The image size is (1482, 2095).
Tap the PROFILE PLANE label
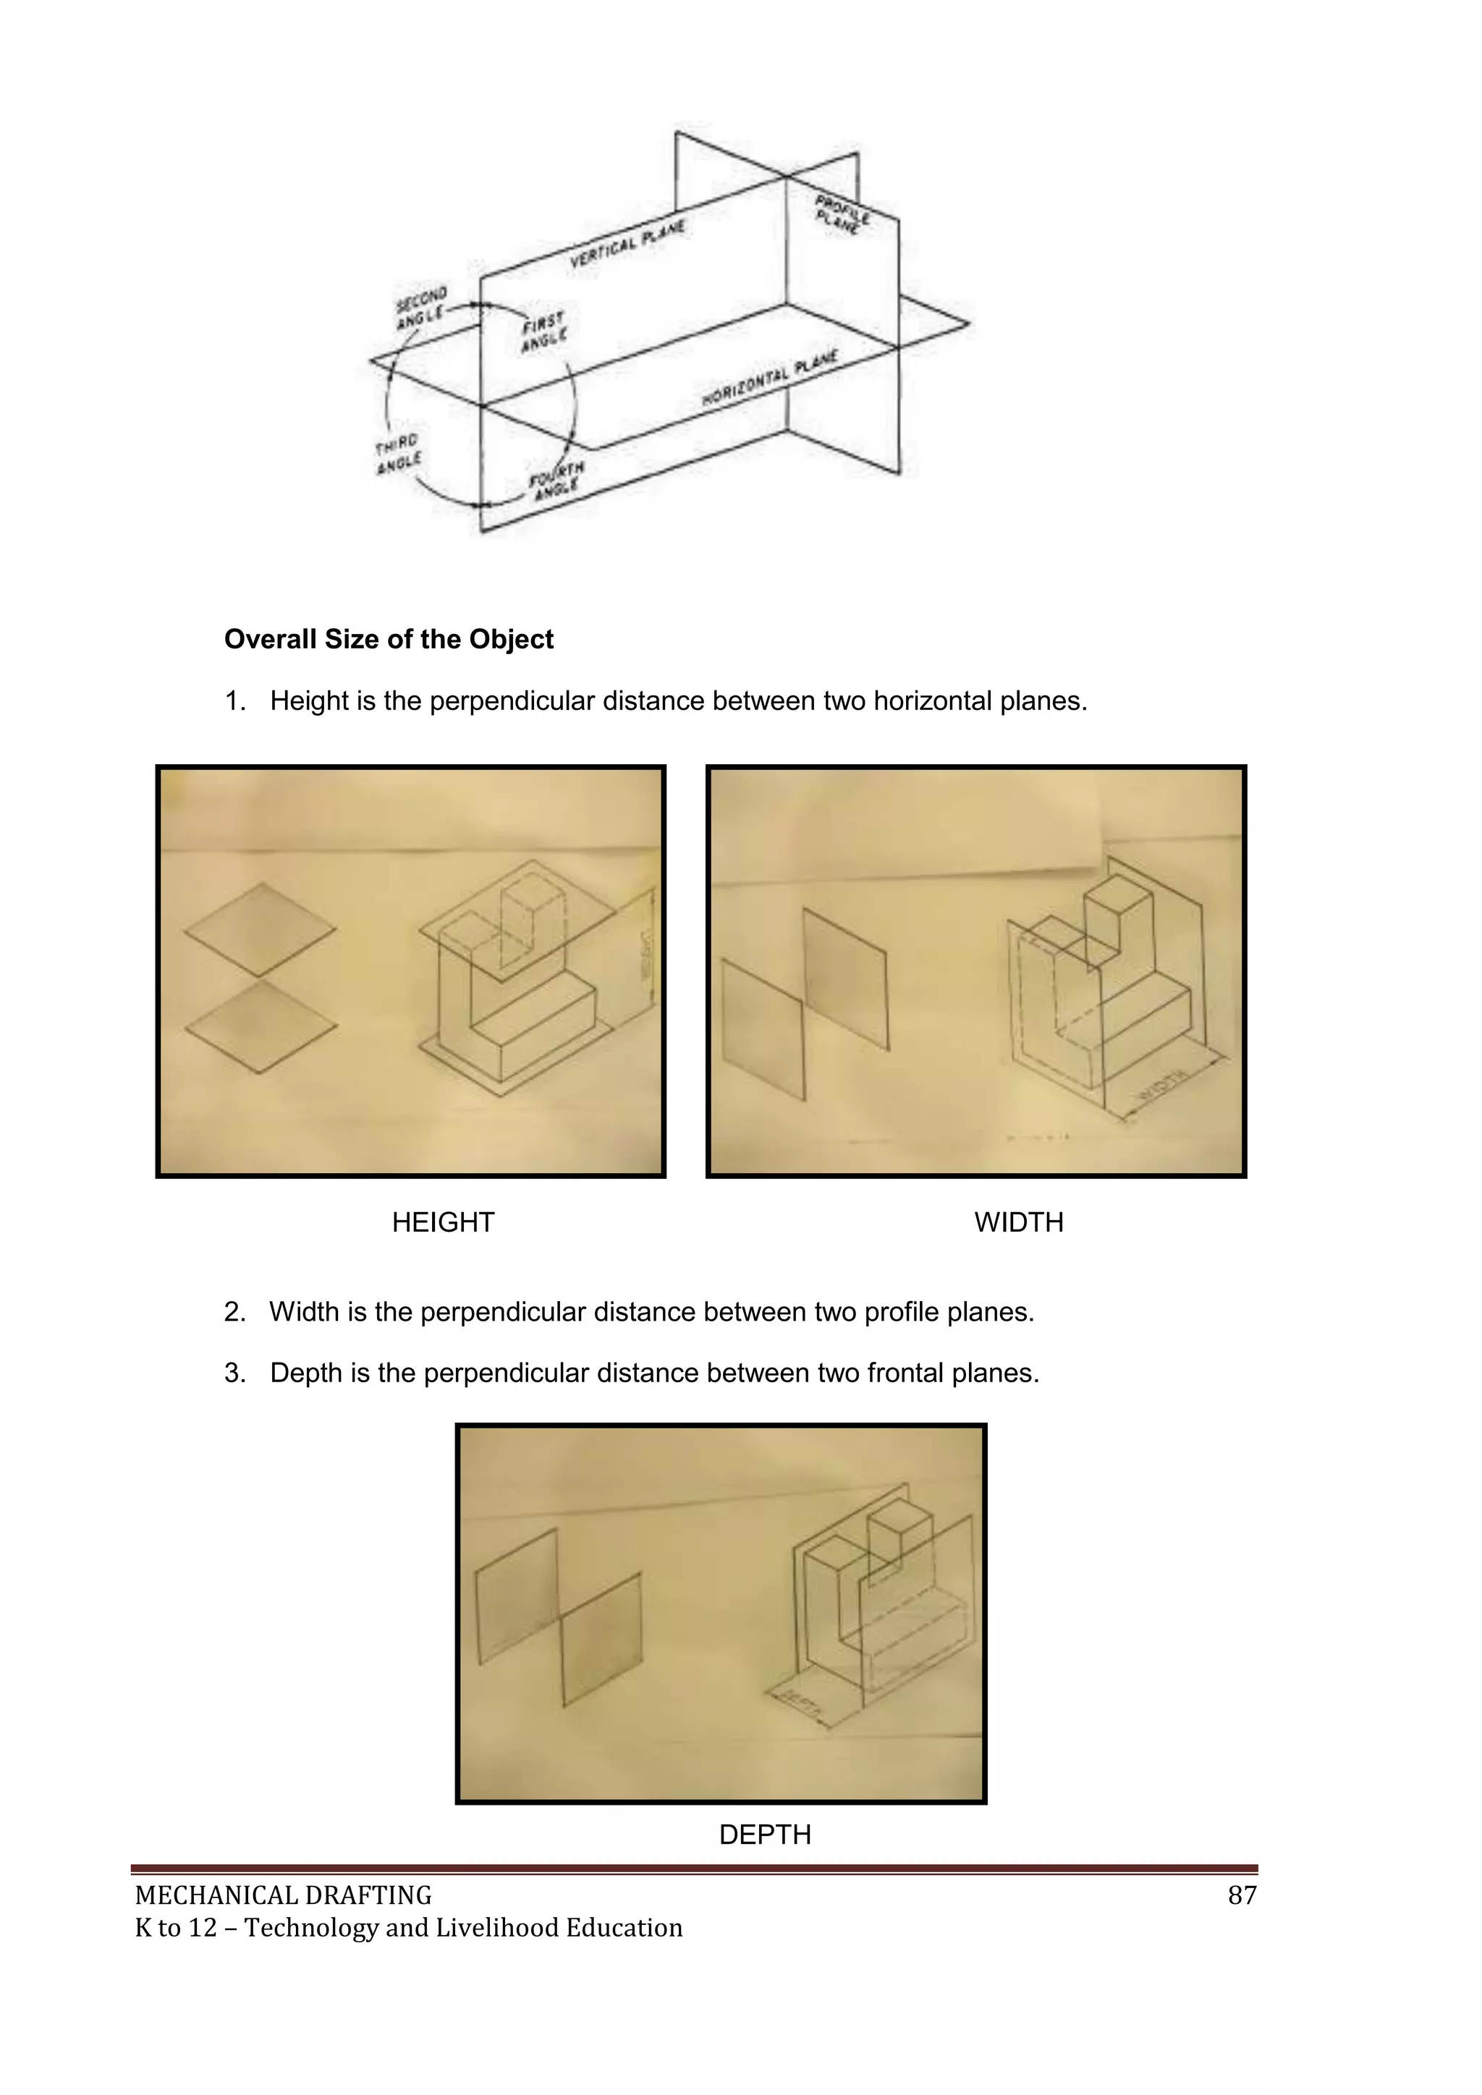pos(842,213)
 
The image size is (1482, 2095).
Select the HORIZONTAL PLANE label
pos(768,378)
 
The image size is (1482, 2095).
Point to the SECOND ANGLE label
pos(420,308)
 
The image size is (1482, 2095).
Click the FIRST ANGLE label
pos(544,331)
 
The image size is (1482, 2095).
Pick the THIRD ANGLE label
pos(398,454)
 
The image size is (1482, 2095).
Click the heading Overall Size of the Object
pos(389,639)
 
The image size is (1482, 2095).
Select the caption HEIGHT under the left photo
pos(443,1222)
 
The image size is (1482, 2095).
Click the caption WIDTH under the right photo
pos(1018,1222)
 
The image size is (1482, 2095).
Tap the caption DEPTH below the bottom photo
pos(765,1834)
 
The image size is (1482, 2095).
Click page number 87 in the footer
pos(1242,1895)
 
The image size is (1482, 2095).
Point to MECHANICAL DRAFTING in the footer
pos(283,1895)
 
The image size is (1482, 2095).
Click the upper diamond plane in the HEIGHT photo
pos(260,930)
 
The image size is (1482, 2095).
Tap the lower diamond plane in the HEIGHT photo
pos(261,1026)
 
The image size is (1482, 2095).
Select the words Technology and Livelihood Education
pos(464,1927)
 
